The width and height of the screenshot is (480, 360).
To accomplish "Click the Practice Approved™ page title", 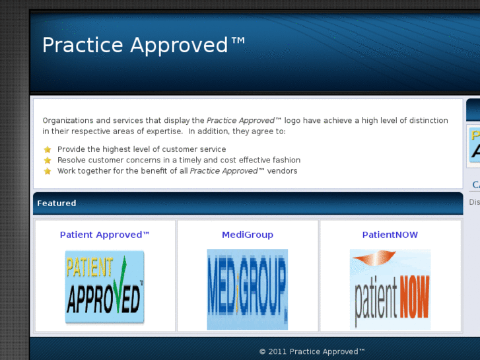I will click(144, 46).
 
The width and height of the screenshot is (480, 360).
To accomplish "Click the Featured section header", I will click(57, 203).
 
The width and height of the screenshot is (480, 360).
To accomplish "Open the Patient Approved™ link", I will click(105, 234).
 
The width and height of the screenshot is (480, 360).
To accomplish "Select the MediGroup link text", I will click(248, 234).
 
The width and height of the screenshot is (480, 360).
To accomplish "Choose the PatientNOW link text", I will click(390, 234).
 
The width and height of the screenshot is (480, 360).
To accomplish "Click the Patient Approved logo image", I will click(105, 287).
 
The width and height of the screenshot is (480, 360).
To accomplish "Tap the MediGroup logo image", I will click(248, 289).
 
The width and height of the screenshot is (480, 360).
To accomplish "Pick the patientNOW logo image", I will click(390, 289).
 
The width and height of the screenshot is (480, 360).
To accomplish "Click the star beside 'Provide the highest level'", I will click(48, 150).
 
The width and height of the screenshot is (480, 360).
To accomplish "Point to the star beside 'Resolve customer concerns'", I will click(48, 161).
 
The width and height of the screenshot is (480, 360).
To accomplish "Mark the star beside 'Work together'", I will click(48, 171).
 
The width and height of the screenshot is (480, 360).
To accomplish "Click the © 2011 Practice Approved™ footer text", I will click(312, 351).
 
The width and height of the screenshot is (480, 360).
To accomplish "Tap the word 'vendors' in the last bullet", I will click(283, 171).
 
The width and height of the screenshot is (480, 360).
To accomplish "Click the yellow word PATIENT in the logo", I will click(90, 268).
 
